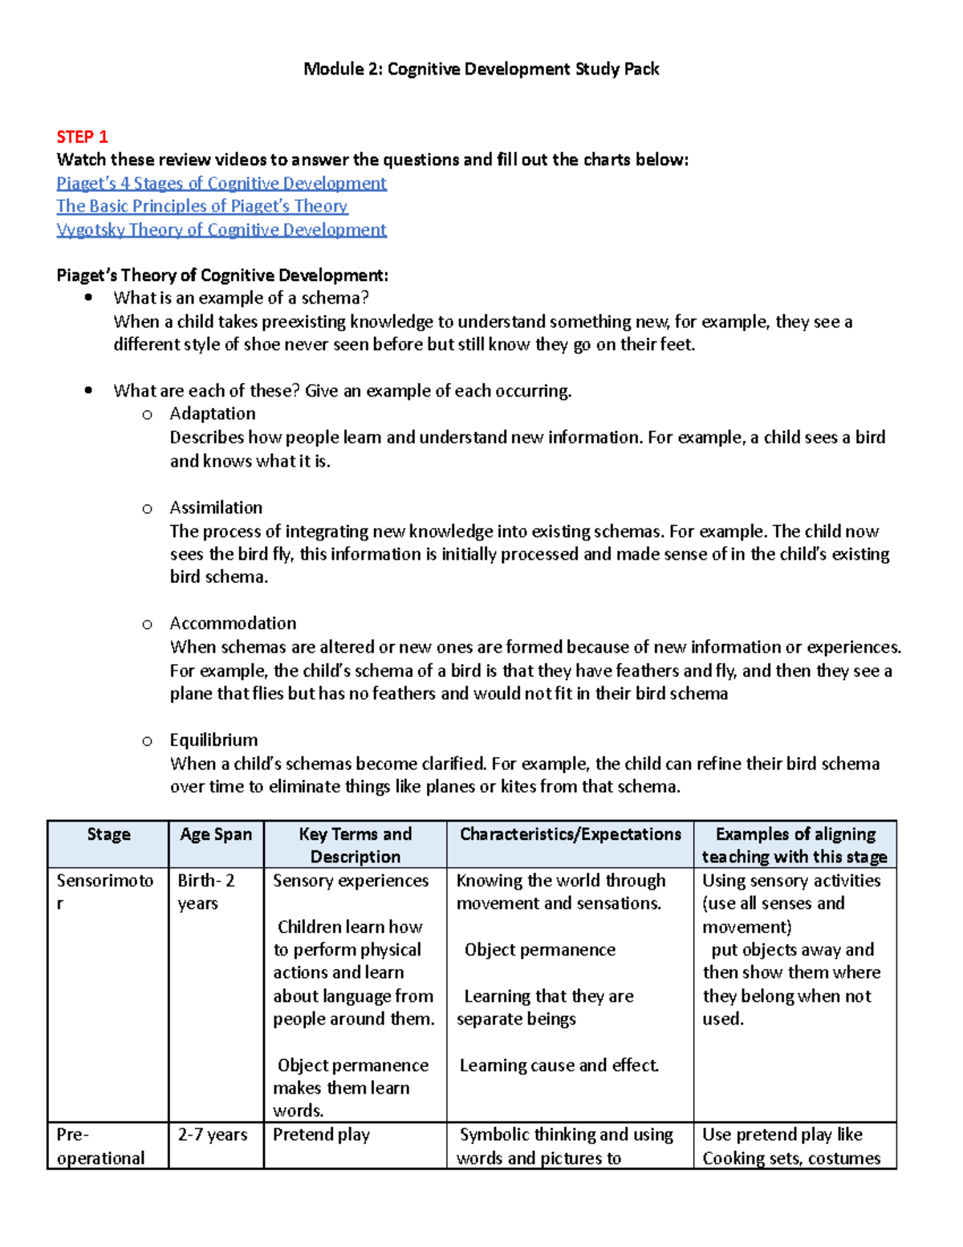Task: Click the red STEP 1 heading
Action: tap(82, 137)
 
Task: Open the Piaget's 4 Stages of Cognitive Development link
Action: tap(221, 183)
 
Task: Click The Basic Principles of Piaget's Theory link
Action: tap(202, 206)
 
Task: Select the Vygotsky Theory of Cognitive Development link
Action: tap(221, 230)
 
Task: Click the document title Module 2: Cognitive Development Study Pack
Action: tap(481, 69)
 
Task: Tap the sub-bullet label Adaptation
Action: tap(213, 414)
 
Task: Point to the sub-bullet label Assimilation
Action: tap(216, 507)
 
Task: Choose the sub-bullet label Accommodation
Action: tap(233, 623)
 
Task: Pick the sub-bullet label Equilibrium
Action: tap(213, 740)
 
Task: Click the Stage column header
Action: tap(108, 834)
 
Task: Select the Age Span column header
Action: tap(216, 834)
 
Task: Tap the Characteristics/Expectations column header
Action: tap(570, 834)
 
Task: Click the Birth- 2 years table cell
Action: tap(206, 891)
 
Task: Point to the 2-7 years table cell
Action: tap(213, 1135)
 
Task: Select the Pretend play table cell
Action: tap(321, 1135)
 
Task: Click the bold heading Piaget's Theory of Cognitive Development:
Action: tap(222, 275)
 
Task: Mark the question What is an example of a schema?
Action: tap(241, 298)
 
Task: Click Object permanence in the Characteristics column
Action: tap(539, 950)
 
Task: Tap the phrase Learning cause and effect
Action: tap(559, 1066)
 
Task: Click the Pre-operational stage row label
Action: tap(101, 1146)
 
